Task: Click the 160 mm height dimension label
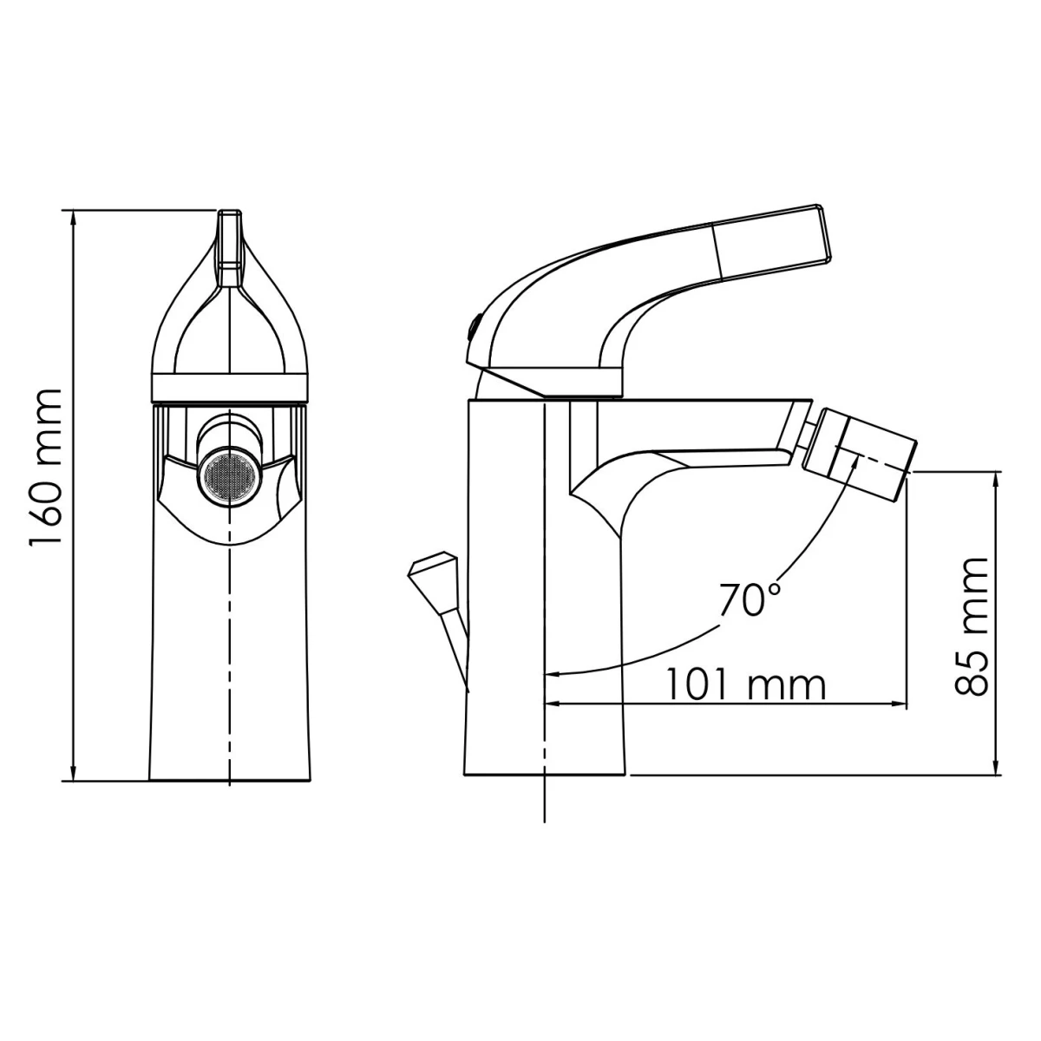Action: click(45, 468)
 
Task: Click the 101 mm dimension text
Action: click(745, 685)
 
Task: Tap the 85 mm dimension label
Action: click(971, 626)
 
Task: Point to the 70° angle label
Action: click(750, 599)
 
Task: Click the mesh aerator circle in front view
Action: click(230, 476)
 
